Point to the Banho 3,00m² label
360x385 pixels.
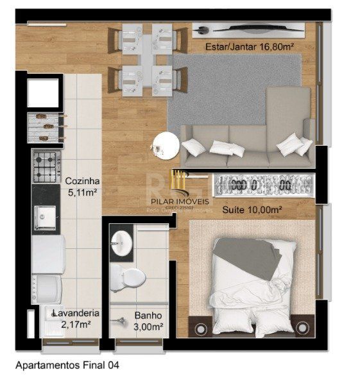tap(148, 321)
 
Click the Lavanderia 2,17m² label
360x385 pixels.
tap(76, 318)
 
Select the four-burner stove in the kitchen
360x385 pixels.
tap(46, 166)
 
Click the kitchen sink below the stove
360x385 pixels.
tap(47, 218)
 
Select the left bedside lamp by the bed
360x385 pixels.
tap(201, 329)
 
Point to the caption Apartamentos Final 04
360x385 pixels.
tap(67, 365)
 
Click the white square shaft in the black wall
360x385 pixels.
tap(43, 94)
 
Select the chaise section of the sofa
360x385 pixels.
tap(289, 116)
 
